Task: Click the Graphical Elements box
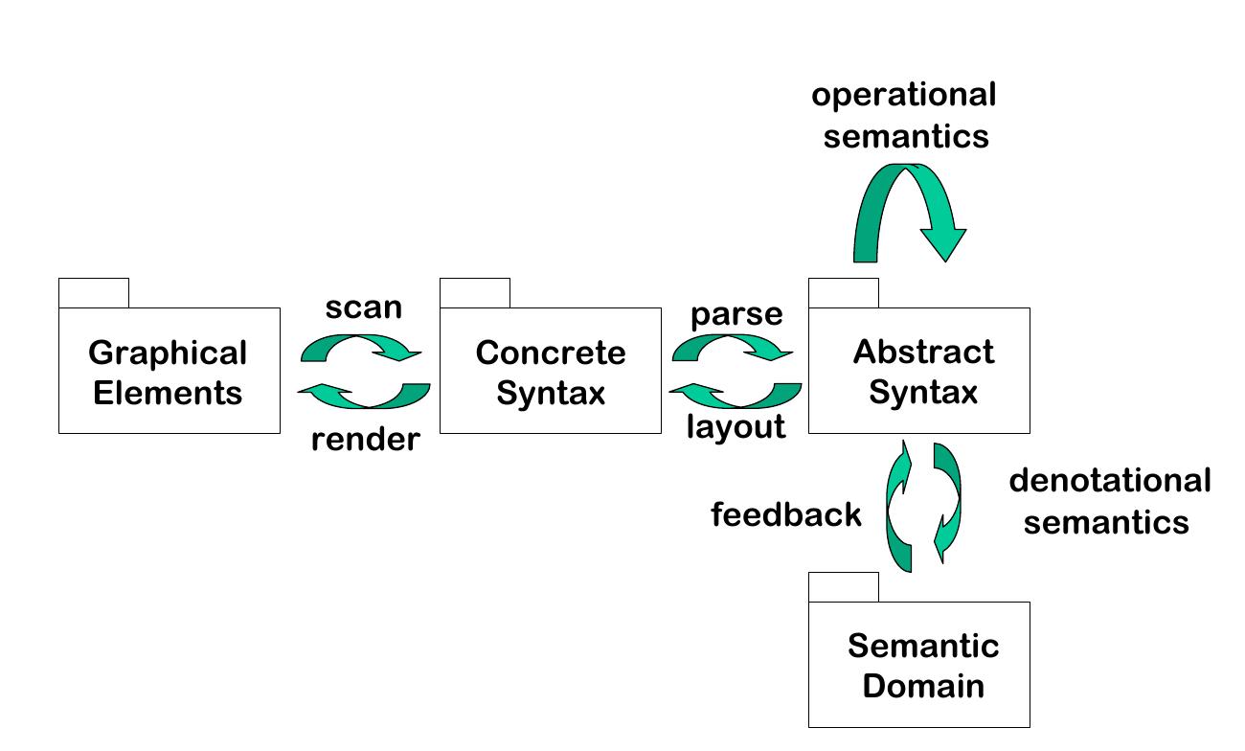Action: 169,372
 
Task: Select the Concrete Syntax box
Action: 550,372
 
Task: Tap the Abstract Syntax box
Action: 919,372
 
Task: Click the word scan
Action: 363,308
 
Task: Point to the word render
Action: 365,440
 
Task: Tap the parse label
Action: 736,314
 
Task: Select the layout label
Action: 736,427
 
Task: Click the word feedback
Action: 785,515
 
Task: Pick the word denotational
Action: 1109,481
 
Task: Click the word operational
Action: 904,95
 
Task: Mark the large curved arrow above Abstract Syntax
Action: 910,206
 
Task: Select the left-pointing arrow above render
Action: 364,394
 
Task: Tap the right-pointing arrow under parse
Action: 734,349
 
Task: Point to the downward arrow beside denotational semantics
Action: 947,503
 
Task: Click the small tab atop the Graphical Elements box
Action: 94,293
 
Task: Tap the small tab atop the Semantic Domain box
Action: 843,587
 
